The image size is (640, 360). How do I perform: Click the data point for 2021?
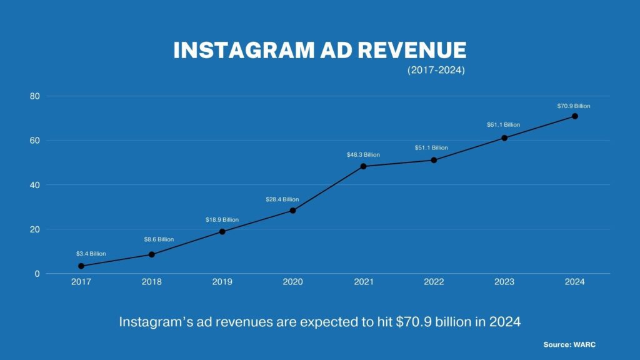[363, 166]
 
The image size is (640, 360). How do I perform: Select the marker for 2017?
[81, 266]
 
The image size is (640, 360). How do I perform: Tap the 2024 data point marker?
[574, 116]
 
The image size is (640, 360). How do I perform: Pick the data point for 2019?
[222, 232]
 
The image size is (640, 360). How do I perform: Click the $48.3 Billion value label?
[363, 154]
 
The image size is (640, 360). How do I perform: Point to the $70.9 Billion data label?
[574, 106]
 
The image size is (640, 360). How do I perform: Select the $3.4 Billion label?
[91, 254]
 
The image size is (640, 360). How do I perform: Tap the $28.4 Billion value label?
[282, 199]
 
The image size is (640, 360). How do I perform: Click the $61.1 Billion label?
[503, 125]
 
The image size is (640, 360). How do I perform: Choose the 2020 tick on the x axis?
[292, 282]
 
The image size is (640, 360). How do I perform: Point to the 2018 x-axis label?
[152, 282]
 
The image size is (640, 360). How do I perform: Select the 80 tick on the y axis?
[34, 96]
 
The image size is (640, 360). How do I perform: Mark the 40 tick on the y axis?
[34, 185]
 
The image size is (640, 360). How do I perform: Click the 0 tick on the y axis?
[37, 274]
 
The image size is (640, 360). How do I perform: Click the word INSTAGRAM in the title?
[240, 51]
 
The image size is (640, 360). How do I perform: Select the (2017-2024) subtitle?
[436, 71]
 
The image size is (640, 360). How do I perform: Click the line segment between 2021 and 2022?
[398, 163]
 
